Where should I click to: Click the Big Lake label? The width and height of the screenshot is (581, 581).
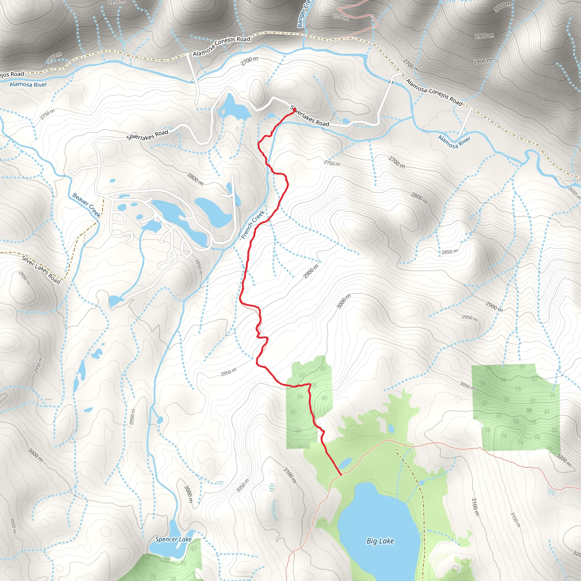(x=380, y=541)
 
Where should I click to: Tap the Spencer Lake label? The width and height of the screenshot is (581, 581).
(x=173, y=539)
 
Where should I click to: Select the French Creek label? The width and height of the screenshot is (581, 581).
(x=253, y=224)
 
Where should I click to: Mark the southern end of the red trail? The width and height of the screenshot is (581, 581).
(x=341, y=475)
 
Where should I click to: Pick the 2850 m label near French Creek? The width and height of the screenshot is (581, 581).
(x=198, y=266)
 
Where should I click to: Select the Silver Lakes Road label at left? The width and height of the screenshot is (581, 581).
(x=41, y=270)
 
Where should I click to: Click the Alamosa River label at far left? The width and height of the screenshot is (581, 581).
(x=28, y=85)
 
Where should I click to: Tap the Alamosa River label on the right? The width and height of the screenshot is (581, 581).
(x=454, y=142)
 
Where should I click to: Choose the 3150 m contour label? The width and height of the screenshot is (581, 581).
(x=515, y=520)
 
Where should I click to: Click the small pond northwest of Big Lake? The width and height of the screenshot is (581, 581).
(x=346, y=463)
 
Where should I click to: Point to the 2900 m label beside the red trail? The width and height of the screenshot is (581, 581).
(x=311, y=271)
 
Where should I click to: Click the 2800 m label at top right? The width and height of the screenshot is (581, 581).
(x=483, y=61)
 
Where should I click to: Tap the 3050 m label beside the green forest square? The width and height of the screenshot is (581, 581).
(x=467, y=386)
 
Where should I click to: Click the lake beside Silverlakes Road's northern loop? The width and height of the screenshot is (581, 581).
(x=234, y=108)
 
